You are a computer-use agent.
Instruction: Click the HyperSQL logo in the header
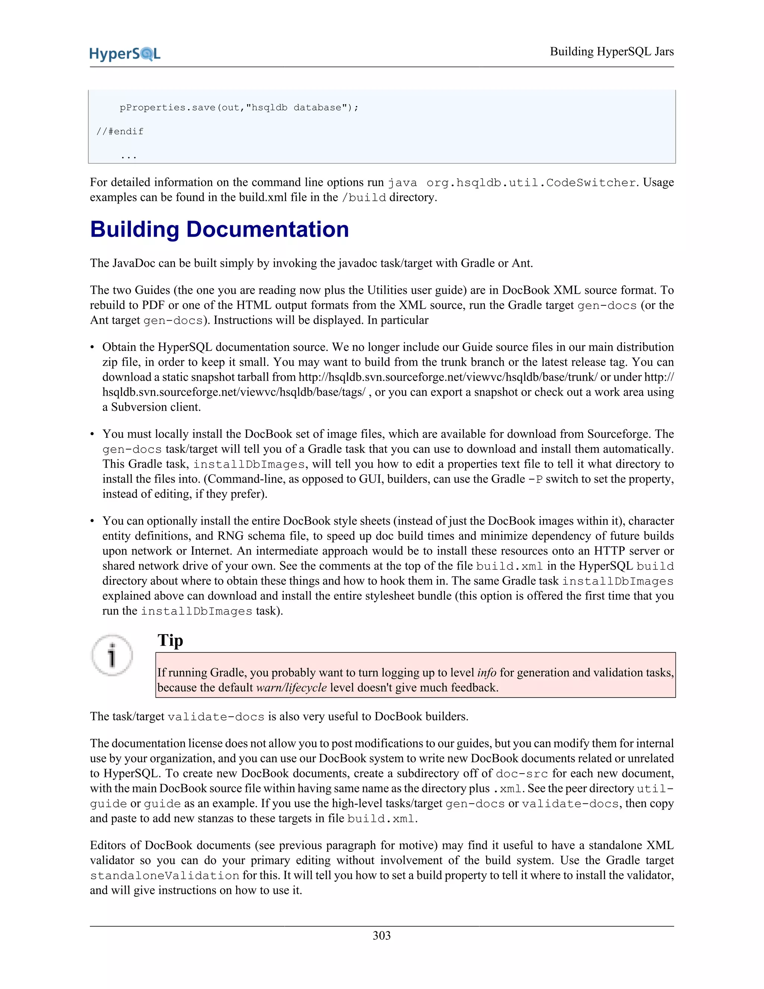click(125, 54)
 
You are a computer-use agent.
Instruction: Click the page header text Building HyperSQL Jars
click(611, 52)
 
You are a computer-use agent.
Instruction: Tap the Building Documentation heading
click(219, 229)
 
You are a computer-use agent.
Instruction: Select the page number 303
click(382, 935)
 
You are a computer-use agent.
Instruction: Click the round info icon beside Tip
click(112, 655)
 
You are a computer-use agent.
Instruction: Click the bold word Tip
click(170, 640)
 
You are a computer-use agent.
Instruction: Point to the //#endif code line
click(120, 131)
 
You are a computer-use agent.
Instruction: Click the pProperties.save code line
click(238, 108)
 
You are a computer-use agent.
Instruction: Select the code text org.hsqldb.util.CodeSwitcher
click(531, 183)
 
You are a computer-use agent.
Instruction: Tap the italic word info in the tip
click(486, 673)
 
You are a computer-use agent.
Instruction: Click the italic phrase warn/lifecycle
click(291, 687)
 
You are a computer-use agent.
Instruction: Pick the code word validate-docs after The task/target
click(216, 717)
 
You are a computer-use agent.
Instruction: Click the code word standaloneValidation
click(164, 876)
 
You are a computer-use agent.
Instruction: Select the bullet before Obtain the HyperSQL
click(93, 347)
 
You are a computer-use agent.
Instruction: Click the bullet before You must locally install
click(93, 434)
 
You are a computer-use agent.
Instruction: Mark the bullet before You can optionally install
click(93, 521)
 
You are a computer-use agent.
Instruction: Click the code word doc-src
click(522, 774)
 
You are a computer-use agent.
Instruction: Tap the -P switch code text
click(535, 480)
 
